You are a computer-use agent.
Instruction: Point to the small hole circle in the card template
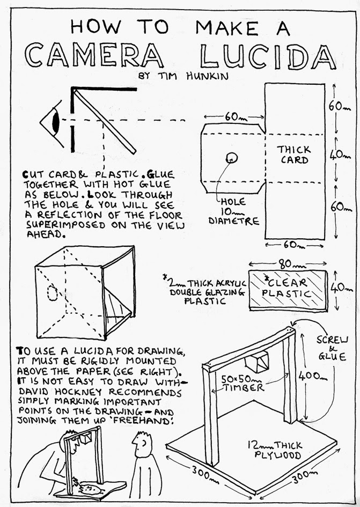click(231, 157)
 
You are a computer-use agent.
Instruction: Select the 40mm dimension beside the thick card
click(337, 155)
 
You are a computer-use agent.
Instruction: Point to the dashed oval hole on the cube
click(53, 293)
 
